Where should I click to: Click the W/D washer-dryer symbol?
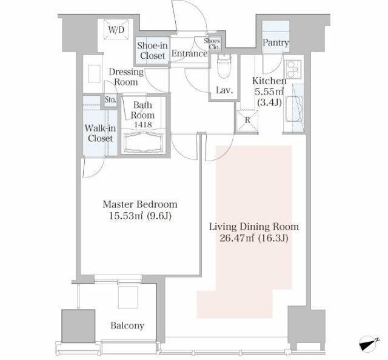[x=116, y=30]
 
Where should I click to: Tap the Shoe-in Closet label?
[x=152, y=50]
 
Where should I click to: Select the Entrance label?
[x=190, y=54]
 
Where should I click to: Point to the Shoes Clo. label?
[x=212, y=44]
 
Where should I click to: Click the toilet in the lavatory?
[x=224, y=66]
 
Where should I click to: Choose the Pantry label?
[x=276, y=43]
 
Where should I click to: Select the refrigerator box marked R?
[x=247, y=120]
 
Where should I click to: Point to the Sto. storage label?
[x=110, y=100]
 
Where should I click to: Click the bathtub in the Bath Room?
[x=143, y=142]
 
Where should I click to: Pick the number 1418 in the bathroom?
[x=143, y=124]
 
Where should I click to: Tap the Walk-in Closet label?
[x=100, y=133]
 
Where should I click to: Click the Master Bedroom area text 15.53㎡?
[x=126, y=216]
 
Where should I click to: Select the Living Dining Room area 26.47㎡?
[x=237, y=238]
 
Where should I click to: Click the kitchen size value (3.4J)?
[x=269, y=102]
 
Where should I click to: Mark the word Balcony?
[x=127, y=325]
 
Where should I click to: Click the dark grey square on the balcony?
[x=78, y=326]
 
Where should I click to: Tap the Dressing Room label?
[x=126, y=77]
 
